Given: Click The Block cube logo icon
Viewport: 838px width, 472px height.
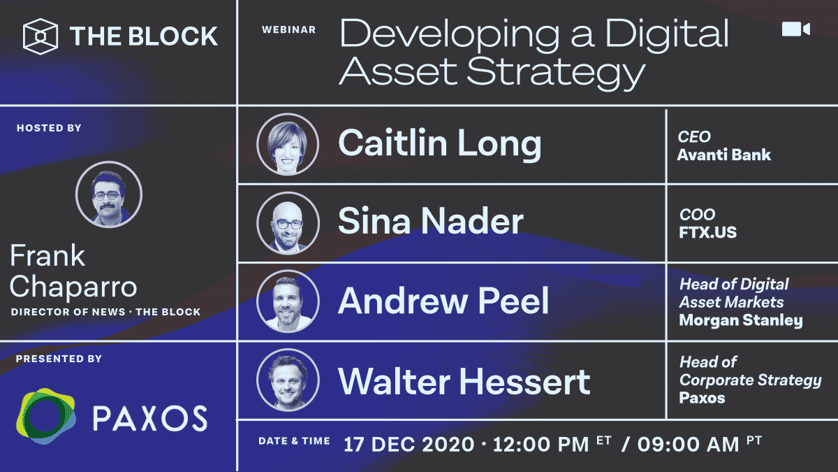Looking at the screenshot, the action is point(41,36).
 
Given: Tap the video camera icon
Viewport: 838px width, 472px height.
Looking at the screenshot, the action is point(796,29).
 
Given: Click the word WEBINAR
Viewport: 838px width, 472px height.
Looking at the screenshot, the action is point(289,29).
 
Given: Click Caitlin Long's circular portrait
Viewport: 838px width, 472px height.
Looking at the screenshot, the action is point(288,144).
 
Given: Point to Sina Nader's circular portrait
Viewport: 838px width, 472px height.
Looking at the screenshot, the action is point(288,223).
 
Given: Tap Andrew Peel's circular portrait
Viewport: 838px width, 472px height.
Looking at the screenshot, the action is point(288,301).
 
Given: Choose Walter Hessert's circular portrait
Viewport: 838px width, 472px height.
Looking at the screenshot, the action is point(288,380).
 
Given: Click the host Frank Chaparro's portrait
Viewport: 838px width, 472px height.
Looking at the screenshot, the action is point(109,194).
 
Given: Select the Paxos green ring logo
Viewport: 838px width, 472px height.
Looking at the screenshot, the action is point(45,416).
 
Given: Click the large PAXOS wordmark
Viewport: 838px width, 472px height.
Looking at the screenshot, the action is point(149,418).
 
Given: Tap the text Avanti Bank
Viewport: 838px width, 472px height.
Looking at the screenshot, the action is point(724,155).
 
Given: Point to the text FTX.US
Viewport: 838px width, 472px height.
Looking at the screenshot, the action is point(707,232).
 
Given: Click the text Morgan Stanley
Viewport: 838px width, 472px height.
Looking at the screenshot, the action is point(741,321).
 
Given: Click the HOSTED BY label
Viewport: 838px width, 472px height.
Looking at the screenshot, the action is point(49,128).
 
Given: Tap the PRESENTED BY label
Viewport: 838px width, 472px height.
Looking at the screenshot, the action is point(59,359).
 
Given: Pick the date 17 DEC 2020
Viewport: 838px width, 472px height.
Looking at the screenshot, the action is point(409,445).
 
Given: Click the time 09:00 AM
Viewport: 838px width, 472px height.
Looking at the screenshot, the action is point(689,445).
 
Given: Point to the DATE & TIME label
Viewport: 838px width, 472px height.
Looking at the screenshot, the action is point(295,441).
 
